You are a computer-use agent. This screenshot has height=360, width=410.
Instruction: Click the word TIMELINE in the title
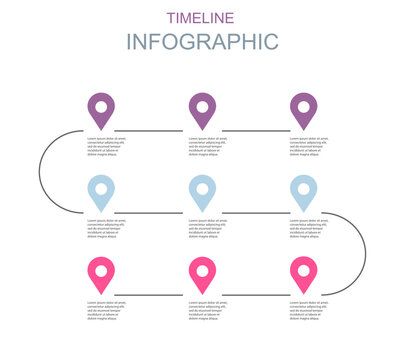(x=202, y=17)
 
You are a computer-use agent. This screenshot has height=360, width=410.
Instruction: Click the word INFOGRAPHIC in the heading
(x=202, y=42)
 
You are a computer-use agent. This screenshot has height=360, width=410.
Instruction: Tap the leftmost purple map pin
(x=101, y=108)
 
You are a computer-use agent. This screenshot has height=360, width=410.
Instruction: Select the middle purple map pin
(x=202, y=108)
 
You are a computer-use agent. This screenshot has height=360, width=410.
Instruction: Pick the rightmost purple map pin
(x=303, y=108)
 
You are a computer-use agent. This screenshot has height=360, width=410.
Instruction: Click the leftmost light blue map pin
(x=101, y=190)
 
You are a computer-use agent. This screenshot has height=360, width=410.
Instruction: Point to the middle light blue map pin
(x=202, y=190)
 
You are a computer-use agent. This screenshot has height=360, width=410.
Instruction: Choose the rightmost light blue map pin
(x=303, y=190)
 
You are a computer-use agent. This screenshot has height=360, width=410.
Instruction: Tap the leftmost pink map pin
(x=101, y=272)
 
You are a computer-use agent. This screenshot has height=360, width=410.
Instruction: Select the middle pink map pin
(x=202, y=272)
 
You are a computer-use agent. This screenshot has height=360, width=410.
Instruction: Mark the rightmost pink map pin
(x=303, y=272)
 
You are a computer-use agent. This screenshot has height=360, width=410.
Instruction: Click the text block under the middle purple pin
(x=209, y=147)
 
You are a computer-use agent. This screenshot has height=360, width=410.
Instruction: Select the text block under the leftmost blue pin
(x=108, y=229)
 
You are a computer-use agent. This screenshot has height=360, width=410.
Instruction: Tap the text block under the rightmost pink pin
(x=310, y=311)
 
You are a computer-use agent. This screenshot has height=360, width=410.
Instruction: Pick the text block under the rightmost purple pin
(x=310, y=147)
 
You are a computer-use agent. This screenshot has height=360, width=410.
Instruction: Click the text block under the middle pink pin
(x=209, y=311)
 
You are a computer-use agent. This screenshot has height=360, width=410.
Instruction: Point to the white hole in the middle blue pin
(x=202, y=186)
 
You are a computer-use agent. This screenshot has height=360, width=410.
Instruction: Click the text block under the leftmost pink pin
(x=108, y=311)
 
